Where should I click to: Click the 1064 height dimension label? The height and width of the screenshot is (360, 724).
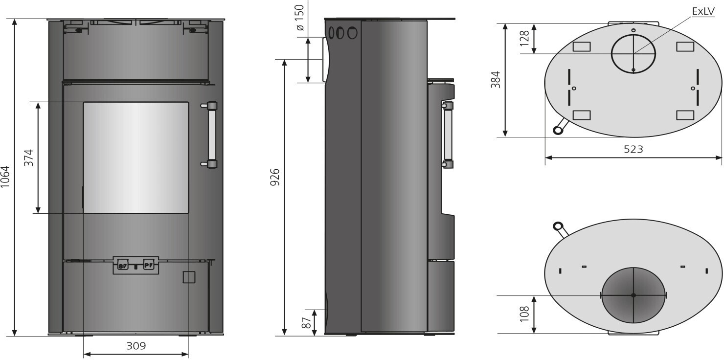(5, 177)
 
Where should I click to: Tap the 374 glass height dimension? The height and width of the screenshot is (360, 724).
(29, 157)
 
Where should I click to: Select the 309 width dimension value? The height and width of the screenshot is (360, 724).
(136, 346)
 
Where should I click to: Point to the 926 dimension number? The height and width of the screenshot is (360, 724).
(275, 177)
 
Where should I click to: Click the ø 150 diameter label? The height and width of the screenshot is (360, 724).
(300, 18)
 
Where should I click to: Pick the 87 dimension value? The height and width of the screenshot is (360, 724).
(306, 322)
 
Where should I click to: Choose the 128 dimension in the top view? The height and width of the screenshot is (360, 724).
(524, 38)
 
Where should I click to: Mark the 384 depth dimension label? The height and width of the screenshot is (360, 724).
(495, 80)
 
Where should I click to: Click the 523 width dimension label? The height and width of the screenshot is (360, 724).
(633, 149)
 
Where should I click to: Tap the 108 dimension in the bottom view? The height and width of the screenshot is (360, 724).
(524, 314)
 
